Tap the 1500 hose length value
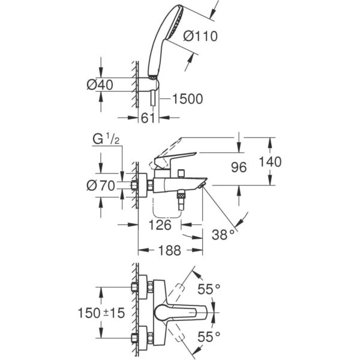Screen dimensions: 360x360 tap(187, 98)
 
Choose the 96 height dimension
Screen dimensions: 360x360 tap(239, 168)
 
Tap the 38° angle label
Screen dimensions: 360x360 tap(223, 235)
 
